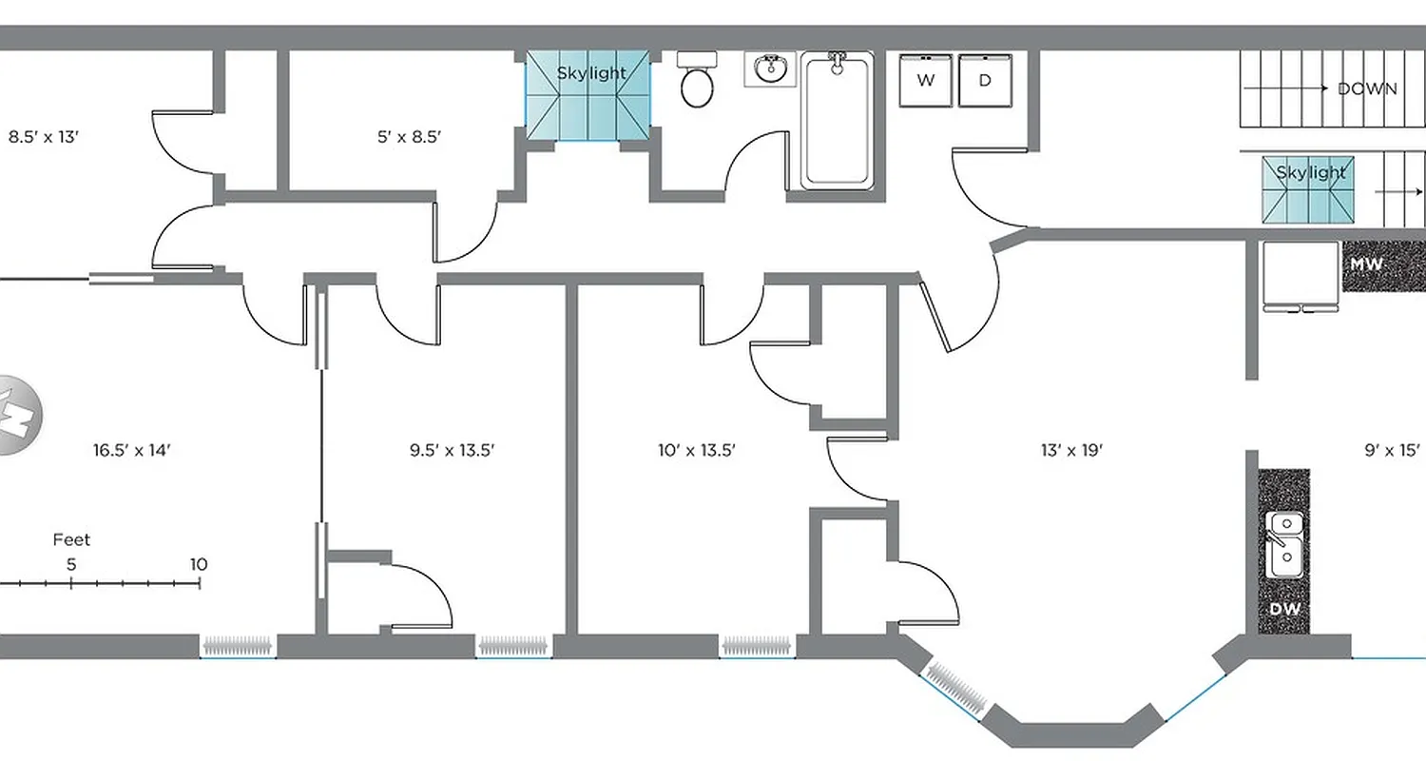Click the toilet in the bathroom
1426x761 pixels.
697,83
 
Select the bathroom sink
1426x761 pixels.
769,69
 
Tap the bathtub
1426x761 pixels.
837,121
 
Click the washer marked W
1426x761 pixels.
925,81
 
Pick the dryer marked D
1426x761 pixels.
985,81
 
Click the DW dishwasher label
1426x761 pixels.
1283,609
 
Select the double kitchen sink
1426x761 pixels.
1284,542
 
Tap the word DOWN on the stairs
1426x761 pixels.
1367,89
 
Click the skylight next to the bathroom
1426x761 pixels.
588,96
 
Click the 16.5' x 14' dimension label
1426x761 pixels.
131,450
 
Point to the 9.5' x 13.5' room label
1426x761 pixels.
452,450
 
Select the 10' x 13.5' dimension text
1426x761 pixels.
697,450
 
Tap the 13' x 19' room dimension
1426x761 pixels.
1070,450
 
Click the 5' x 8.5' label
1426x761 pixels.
409,137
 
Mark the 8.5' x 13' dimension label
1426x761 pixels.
43,136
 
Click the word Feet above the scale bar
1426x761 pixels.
71,540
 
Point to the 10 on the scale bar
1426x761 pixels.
198,564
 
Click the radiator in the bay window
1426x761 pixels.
958,691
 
